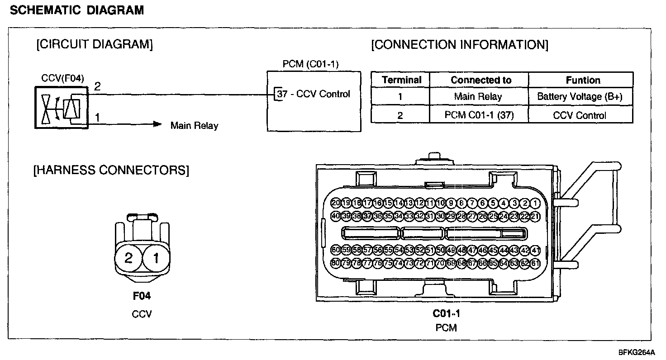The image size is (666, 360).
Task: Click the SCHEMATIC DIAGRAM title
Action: point(76,10)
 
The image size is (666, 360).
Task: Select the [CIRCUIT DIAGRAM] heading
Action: point(94,44)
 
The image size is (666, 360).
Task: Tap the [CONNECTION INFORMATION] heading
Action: point(459,45)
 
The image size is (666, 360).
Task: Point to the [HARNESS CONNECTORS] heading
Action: point(111,171)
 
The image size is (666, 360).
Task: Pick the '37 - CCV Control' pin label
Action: point(314,94)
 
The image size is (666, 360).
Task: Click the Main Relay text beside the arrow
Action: point(194,125)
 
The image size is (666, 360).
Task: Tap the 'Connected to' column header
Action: point(481,80)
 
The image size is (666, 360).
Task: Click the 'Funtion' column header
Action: point(583,80)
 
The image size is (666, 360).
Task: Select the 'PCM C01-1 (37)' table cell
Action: point(479,115)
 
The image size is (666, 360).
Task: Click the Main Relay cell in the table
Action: point(478,96)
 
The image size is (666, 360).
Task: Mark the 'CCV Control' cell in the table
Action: point(579,115)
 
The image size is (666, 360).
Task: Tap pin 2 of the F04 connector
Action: point(128,258)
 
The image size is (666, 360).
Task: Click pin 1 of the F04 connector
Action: point(156,258)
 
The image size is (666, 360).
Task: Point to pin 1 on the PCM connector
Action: point(535,203)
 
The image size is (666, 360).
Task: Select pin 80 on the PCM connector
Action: point(336,263)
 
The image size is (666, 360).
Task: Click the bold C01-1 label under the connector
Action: point(446,313)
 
